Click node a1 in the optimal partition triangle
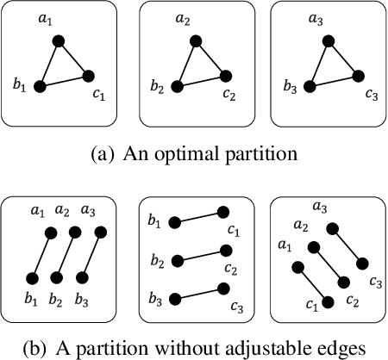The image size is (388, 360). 59,40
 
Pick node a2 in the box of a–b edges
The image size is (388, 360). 75,233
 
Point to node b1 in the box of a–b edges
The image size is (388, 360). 33,277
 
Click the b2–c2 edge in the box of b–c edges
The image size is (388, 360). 199,255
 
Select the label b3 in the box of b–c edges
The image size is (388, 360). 155,298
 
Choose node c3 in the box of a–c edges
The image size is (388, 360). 363,263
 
